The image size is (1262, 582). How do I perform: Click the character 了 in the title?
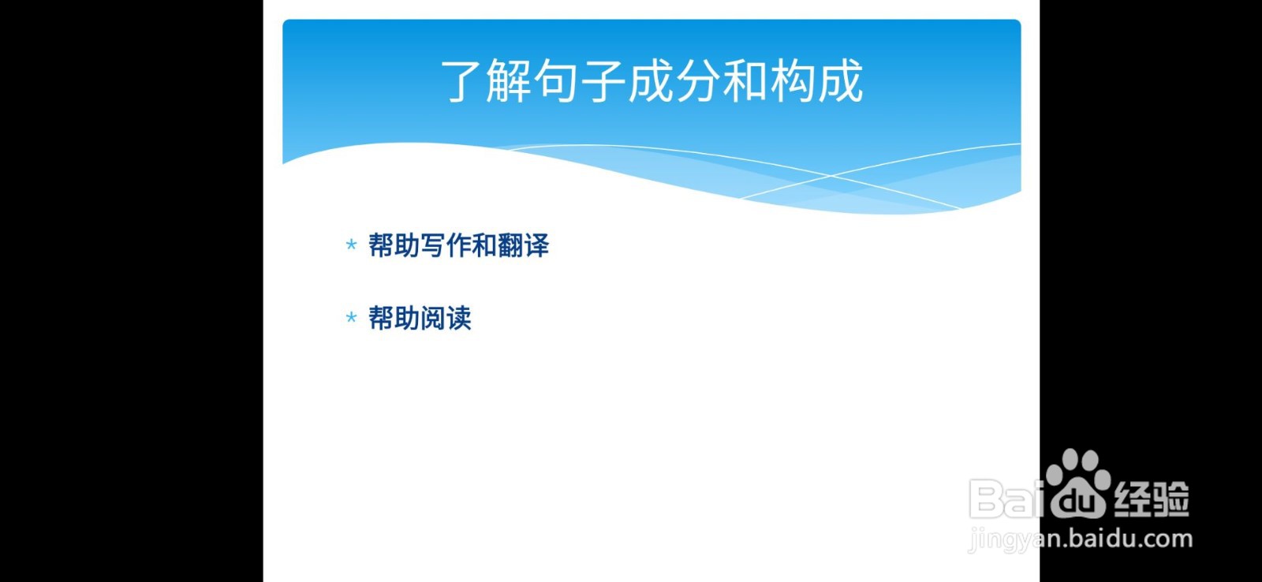(461, 81)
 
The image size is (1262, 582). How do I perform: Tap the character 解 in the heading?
(510, 81)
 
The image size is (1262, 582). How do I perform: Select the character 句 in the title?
(557, 81)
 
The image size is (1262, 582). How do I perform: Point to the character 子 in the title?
(604, 81)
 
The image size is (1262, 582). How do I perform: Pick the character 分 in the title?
(699, 81)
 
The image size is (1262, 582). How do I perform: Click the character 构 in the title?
(793, 81)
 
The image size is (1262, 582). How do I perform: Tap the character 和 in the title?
(746, 81)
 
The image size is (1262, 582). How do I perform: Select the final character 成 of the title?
(841, 81)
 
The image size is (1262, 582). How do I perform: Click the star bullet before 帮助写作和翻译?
(351, 246)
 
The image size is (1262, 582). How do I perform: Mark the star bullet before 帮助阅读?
(351, 319)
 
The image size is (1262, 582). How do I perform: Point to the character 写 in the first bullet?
(433, 246)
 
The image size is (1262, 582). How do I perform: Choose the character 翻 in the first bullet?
(510, 246)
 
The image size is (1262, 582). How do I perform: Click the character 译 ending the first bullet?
(536, 246)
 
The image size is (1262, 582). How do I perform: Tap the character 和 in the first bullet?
(484, 246)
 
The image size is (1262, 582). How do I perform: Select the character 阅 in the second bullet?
(433, 319)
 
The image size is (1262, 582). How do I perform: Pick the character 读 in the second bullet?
(459, 319)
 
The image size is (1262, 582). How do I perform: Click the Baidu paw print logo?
(1077, 483)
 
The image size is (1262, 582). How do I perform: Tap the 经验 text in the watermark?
(1151, 498)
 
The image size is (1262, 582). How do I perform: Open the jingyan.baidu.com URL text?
(1081, 539)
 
